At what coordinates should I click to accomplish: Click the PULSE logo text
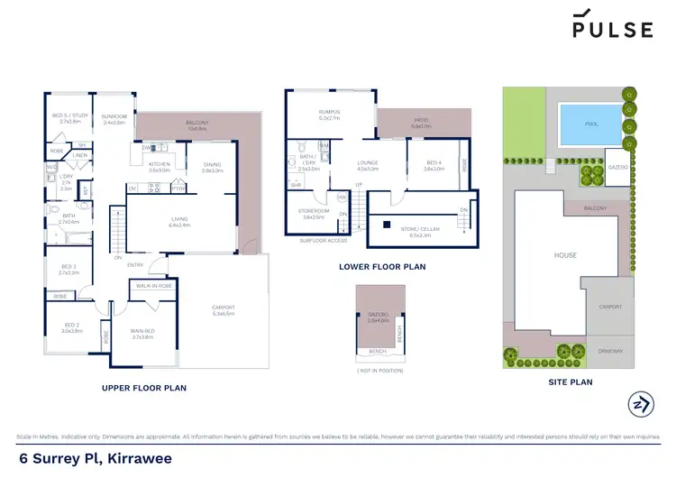(612, 29)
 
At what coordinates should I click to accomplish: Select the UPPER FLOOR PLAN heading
(151, 388)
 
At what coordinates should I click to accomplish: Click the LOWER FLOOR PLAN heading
(382, 267)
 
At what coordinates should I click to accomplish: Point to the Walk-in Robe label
(152, 286)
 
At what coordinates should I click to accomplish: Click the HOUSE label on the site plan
(565, 255)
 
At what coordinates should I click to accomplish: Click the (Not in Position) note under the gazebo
(380, 371)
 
